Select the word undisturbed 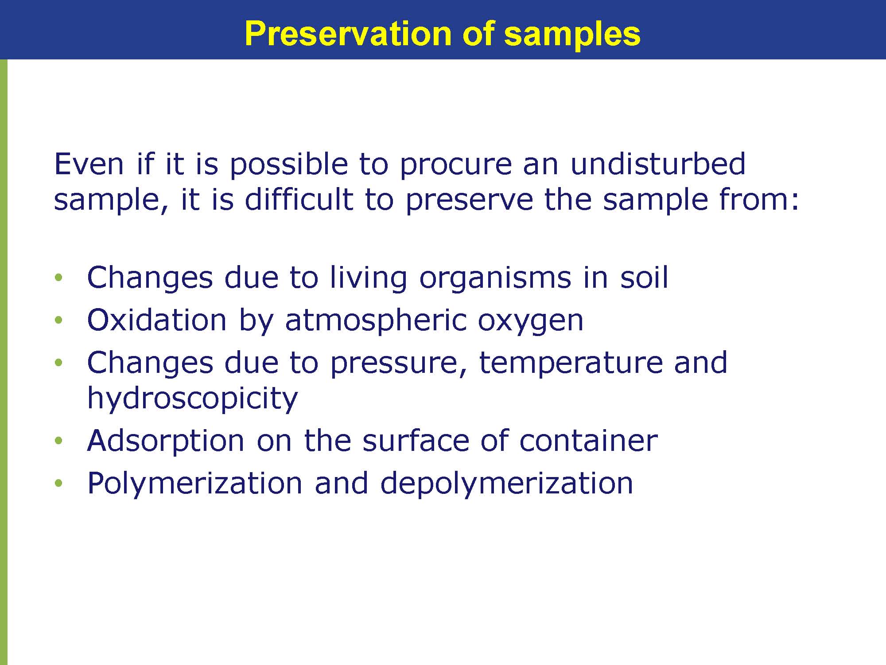(658, 164)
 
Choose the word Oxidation (157, 320)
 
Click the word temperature (571, 363)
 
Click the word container (588, 441)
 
